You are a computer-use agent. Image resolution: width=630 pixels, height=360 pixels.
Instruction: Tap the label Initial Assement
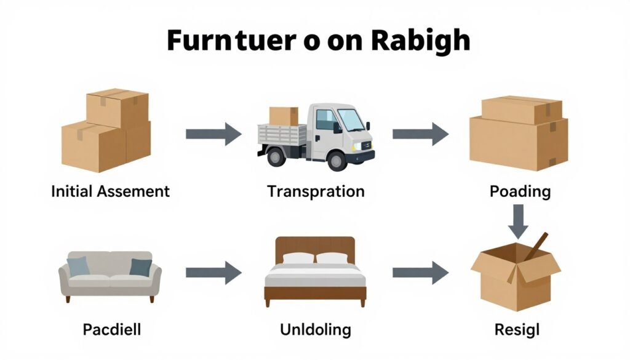click(x=110, y=191)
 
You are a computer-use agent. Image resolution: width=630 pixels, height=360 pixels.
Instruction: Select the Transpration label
click(x=316, y=191)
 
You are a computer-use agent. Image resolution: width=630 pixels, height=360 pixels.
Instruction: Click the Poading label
click(x=520, y=191)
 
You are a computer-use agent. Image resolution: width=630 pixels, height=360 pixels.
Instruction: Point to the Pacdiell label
click(x=111, y=329)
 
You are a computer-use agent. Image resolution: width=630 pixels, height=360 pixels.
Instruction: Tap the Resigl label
click(x=517, y=329)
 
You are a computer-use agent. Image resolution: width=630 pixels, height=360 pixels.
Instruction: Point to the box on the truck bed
click(x=284, y=116)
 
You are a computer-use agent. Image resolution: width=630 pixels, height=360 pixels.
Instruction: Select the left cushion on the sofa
click(x=78, y=266)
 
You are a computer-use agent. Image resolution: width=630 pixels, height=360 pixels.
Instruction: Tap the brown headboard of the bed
click(x=315, y=245)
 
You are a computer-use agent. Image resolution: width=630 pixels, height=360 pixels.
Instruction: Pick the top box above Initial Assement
click(x=117, y=108)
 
